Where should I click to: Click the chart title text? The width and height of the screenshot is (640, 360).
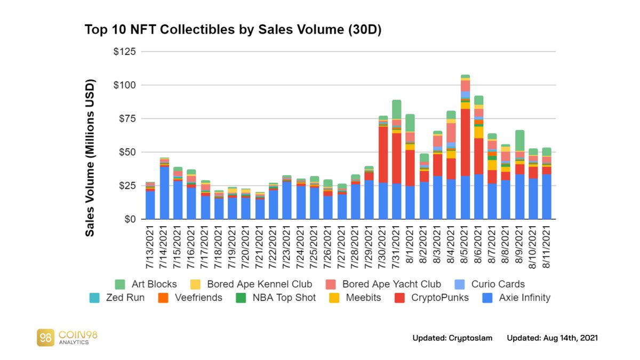(x=233, y=30)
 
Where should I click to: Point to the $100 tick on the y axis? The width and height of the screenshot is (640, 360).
(x=125, y=85)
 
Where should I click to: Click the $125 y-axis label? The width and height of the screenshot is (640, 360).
(x=125, y=52)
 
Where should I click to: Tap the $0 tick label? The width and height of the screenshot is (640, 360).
(x=131, y=219)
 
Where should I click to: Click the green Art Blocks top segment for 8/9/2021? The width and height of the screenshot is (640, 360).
(x=520, y=140)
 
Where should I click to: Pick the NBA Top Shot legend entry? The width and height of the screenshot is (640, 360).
(x=278, y=298)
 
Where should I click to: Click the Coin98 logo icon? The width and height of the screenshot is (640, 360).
(x=45, y=337)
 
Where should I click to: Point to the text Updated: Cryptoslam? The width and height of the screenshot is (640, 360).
(x=453, y=338)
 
